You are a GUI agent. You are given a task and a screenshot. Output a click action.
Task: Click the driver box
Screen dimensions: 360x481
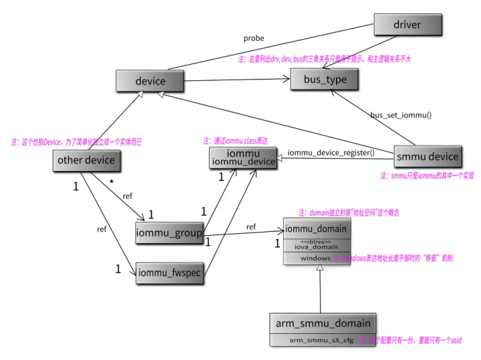(x=407, y=25)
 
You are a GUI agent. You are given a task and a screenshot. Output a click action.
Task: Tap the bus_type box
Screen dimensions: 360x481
(x=323, y=79)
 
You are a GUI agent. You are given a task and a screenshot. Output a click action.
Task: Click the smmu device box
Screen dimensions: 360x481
(x=427, y=156)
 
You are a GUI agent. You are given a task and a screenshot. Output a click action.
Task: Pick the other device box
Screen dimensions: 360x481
(x=86, y=160)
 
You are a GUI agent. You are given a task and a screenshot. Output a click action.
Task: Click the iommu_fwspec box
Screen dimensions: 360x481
(x=170, y=272)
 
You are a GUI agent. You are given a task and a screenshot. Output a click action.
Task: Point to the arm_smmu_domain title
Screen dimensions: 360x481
(x=323, y=323)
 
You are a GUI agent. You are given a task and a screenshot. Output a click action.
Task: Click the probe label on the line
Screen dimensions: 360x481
(x=254, y=38)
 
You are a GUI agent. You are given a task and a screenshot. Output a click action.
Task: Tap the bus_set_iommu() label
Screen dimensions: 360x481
(x=401, y=115)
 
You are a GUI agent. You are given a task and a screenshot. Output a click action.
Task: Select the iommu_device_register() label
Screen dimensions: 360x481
(x=331, y=152)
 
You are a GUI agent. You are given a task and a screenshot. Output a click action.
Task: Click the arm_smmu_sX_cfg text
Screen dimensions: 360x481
(x=321, y=340)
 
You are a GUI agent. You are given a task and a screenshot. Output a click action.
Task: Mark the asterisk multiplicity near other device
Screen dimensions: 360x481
(x=112, y=182)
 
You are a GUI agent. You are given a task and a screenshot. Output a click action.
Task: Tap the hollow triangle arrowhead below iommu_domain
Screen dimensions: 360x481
(x=320, y=268)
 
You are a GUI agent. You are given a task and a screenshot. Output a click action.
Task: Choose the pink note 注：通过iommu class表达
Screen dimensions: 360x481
(x=235, y=141)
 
